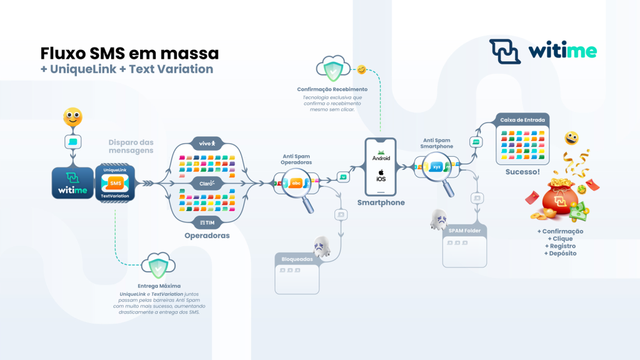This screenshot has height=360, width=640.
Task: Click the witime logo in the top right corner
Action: click(542, 51)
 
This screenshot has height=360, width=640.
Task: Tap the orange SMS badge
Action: click(115, 182)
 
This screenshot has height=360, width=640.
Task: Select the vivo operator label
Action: click(206, 143)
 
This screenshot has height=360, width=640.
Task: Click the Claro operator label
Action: click(206, 183)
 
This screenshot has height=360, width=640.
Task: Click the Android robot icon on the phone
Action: click(381, 152)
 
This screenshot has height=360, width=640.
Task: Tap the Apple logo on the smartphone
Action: click(381, 171)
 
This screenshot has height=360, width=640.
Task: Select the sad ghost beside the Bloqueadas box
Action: click(322, 246)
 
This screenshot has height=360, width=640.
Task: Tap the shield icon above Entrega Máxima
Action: click(157, 267)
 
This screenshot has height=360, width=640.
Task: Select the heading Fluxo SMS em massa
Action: click(129, 52)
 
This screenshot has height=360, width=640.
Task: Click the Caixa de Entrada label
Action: click(522, 119)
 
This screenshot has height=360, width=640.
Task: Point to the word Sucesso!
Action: click(522, 171)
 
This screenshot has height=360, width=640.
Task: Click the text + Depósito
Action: click(561, 253)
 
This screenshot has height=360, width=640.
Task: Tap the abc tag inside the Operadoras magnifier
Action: click(296, 183)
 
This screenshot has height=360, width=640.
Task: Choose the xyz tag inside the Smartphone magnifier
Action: click(437, 167)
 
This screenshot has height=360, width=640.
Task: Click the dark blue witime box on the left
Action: click(72, 182)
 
